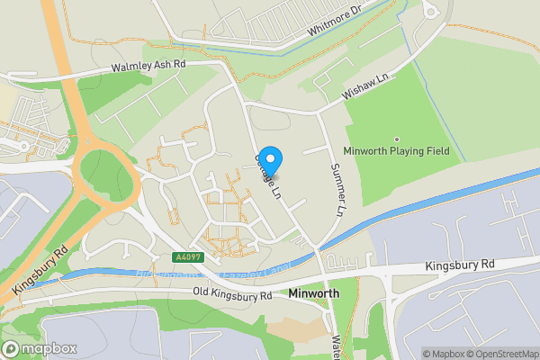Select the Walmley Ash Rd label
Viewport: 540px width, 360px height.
click(x=148, y=67)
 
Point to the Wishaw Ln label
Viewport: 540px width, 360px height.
click(x=364, y=87)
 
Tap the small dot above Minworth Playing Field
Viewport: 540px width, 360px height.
click(x=396, y=139)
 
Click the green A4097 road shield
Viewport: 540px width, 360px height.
click(x=186, y=257)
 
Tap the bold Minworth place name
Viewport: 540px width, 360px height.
click(x=314, y=294)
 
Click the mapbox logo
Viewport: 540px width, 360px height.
click(x=38, y=347)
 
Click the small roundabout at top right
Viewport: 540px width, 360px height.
click(x=428, y=11)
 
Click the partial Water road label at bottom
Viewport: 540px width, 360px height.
click(x=336, y=347)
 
